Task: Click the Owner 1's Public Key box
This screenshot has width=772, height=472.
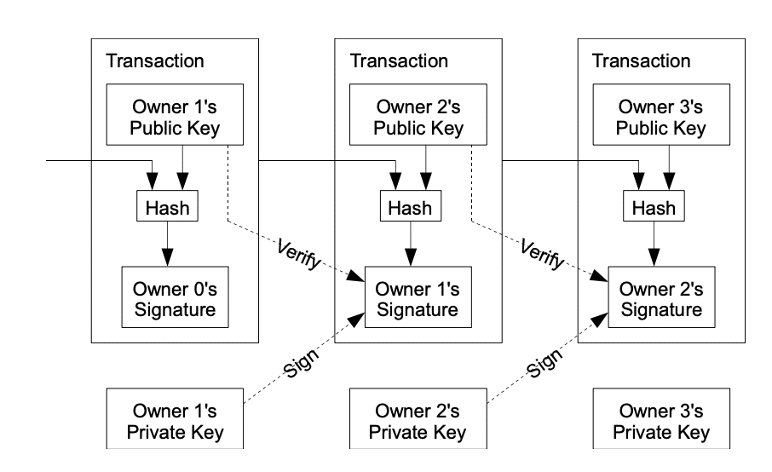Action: (x=175, y=115)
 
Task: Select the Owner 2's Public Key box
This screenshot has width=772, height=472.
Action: (x=418, y=115)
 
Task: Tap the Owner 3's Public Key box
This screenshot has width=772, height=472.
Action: (x=661, y=115)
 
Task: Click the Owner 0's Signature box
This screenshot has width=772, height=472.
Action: (x=176, y=297)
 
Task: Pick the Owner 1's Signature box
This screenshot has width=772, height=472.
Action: (x=418, y=297)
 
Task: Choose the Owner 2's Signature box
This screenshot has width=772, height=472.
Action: (x=662, y=297)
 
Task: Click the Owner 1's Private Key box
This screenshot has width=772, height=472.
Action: (x=175, y=418)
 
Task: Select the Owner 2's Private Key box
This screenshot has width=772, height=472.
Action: (x=418, y=418)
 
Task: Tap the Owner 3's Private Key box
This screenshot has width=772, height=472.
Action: (x=661, y=418)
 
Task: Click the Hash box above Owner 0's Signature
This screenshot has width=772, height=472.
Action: (x=167, y=205)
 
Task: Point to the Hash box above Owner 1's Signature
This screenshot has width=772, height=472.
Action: (x=411, y=205)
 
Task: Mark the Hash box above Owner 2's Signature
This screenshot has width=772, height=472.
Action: (x=654, y=205)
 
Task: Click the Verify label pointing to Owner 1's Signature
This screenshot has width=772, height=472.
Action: (x=299, y=254)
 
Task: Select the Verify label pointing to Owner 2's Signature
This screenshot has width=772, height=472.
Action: (x=542, y=254)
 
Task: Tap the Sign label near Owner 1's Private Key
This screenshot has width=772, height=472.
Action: (x=302, y=363)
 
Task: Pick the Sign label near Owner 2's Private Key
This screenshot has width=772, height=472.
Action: (x=544, y=363)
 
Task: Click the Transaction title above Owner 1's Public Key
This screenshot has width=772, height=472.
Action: (x=155, y=61)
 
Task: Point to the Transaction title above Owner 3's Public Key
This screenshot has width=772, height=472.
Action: (x=641, y=61)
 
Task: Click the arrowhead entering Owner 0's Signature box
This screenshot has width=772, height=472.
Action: (x=167, y=258)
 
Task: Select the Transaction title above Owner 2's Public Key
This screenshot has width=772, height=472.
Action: (x=399, y=61)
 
